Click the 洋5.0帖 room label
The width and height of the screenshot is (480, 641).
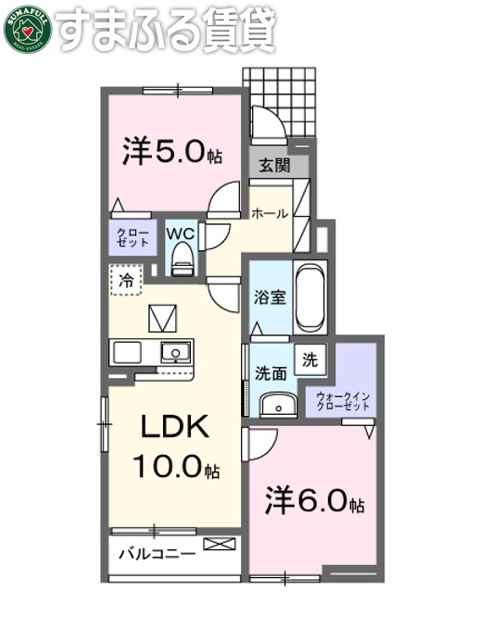172,152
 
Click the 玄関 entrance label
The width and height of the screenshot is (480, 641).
273,166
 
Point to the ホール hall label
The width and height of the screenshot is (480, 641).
271,213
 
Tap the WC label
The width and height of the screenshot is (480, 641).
181,233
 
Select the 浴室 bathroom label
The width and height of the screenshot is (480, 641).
271,298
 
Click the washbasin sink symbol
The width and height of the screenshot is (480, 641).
275,404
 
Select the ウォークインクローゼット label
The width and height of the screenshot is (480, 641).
344,401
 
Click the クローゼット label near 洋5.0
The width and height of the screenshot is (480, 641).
133,236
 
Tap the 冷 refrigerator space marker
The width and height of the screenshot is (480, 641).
126,279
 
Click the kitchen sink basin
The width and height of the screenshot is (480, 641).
174,352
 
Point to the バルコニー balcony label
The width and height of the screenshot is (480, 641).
157,555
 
